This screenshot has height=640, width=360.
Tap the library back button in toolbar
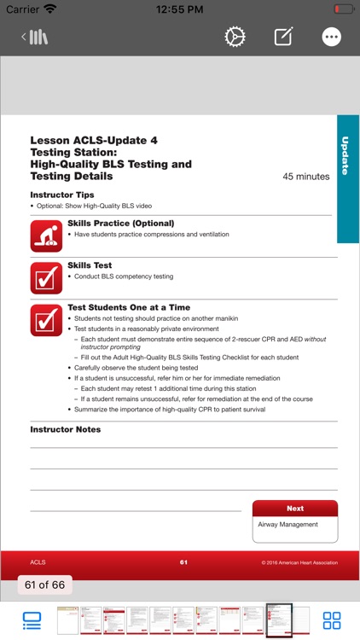35,37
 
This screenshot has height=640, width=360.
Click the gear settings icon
235,37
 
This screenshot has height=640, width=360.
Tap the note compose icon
283,37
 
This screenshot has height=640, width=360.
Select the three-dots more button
332,37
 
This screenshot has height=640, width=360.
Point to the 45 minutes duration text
305,177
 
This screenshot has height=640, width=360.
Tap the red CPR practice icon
46,235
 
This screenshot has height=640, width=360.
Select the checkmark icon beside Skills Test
46,277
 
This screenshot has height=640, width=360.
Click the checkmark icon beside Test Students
46,319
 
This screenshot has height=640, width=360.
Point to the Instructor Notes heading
65,429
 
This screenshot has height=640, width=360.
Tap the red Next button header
295,508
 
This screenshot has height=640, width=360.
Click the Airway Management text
287,525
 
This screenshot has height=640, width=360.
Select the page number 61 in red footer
183,562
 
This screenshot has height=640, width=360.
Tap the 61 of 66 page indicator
45,585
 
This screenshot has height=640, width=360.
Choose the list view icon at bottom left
32,620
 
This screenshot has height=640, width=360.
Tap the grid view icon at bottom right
332,620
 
